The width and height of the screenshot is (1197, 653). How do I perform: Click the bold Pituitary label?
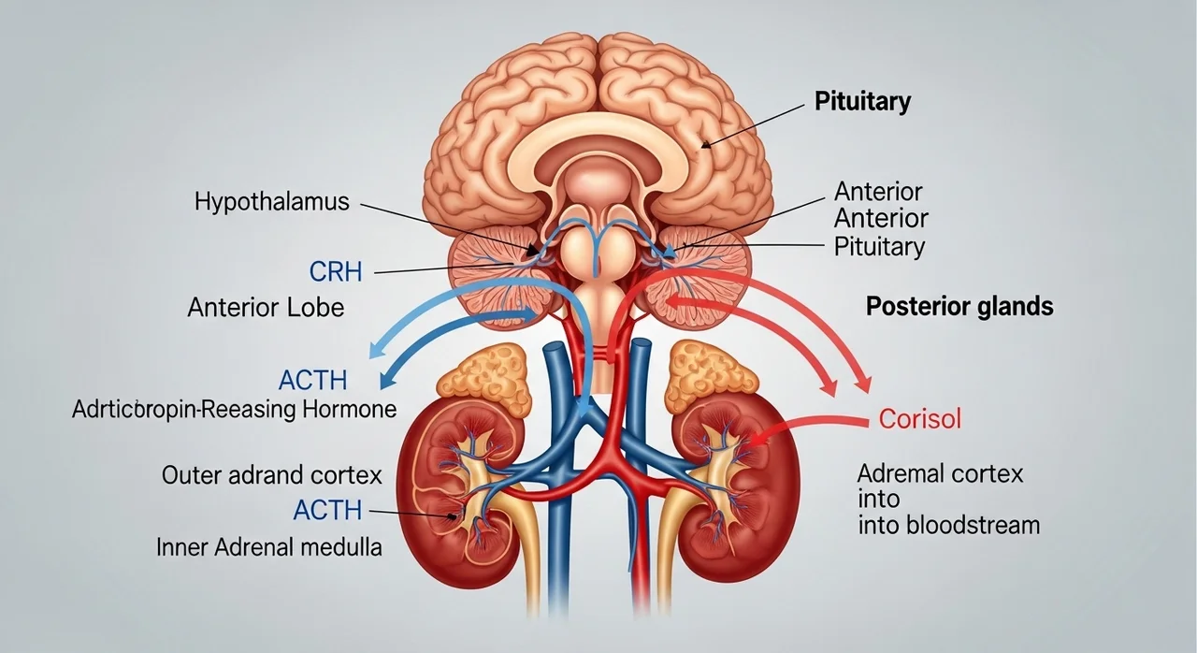[x=862, y=102]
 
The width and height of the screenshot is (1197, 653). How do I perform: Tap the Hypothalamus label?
[x=271, y=201]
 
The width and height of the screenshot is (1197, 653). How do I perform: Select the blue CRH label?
[x=336, y=271]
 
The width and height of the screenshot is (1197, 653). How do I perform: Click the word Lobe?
[x=315, y=307]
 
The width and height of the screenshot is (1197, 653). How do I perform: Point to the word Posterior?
[x=918, y=306]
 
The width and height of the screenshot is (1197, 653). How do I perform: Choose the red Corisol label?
[x=919, y=418]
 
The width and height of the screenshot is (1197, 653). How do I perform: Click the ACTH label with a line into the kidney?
[x=327, y=510]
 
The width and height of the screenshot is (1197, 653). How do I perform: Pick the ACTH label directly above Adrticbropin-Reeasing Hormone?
[x=313, y=380]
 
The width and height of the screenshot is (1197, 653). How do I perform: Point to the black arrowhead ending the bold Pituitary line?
[x=706, y=143]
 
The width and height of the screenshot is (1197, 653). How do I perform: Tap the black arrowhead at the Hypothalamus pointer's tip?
[x=533, y=250]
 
